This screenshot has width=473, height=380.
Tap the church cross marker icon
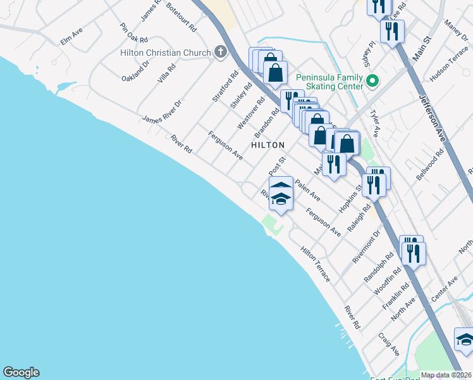[220, 51]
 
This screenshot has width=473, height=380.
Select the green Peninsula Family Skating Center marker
[372, 82]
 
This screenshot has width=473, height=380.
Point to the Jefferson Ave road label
[433, 118]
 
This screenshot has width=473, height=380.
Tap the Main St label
[421, 48]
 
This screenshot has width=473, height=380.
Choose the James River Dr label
[162, 111]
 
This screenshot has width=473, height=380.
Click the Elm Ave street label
[71, 35]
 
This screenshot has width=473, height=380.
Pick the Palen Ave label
[307, 188]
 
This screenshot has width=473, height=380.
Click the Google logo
[21, 372]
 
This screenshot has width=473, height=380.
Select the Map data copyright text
[446, 375]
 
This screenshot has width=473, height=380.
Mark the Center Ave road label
[443, 289]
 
